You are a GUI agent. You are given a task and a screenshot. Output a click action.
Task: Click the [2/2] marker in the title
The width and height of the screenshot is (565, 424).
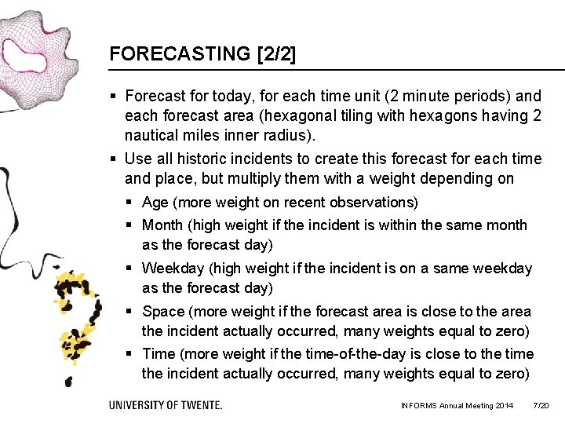point(276,54)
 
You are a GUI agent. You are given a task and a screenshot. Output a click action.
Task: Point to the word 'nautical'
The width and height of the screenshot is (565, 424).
point(152,136)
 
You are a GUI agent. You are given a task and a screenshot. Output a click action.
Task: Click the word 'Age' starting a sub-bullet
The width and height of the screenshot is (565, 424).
point(155,203)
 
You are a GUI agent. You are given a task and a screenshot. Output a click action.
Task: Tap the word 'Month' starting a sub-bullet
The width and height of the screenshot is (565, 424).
point(163,225)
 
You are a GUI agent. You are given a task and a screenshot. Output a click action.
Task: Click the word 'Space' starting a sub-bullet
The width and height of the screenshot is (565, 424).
point(162,312)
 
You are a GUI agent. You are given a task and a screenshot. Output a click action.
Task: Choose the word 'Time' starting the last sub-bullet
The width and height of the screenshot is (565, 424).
point(159,354)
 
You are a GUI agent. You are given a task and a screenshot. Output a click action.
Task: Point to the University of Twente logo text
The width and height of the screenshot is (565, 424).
point(166,405)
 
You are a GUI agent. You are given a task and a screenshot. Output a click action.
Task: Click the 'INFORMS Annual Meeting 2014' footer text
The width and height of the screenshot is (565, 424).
point(457,405)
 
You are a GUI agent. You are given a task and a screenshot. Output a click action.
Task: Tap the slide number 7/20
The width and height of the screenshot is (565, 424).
point(541,405)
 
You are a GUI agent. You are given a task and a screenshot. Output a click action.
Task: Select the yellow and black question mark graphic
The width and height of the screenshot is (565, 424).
point(77,318)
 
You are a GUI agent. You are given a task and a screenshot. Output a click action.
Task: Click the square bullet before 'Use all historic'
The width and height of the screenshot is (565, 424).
point(115,159)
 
